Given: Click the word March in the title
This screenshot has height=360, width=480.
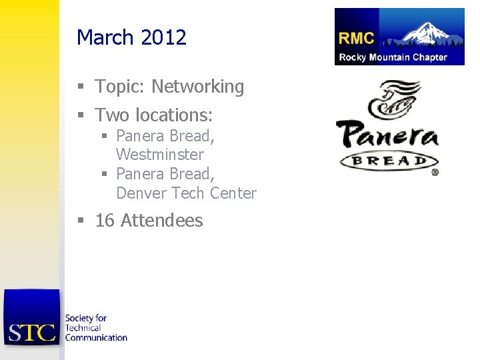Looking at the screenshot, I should [105, 37].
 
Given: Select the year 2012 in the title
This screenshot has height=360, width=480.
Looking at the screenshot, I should [163, 37].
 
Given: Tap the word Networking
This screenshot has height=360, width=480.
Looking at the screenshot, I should [198, 87].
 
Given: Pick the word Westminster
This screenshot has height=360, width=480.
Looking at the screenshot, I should [160, 155].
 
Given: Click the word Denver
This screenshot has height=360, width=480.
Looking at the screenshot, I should [141, 193].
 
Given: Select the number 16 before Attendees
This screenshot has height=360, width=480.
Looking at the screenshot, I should [105, 221].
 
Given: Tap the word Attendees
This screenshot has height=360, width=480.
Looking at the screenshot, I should [162, 221].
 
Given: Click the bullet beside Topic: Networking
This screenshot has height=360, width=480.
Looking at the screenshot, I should [81, 87].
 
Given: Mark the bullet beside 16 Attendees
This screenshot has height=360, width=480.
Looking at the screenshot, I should [81, 221].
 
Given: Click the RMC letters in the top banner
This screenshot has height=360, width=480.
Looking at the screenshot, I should [356, 39].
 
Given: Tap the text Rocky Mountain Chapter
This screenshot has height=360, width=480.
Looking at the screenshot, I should [393, 57].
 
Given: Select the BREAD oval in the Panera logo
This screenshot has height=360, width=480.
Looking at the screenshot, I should [389, 161].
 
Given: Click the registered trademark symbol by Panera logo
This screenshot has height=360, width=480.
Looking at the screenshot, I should [435, 172].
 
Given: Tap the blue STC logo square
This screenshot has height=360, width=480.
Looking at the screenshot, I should [31, 317].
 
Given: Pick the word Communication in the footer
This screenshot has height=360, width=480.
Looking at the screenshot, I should [96, 337].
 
